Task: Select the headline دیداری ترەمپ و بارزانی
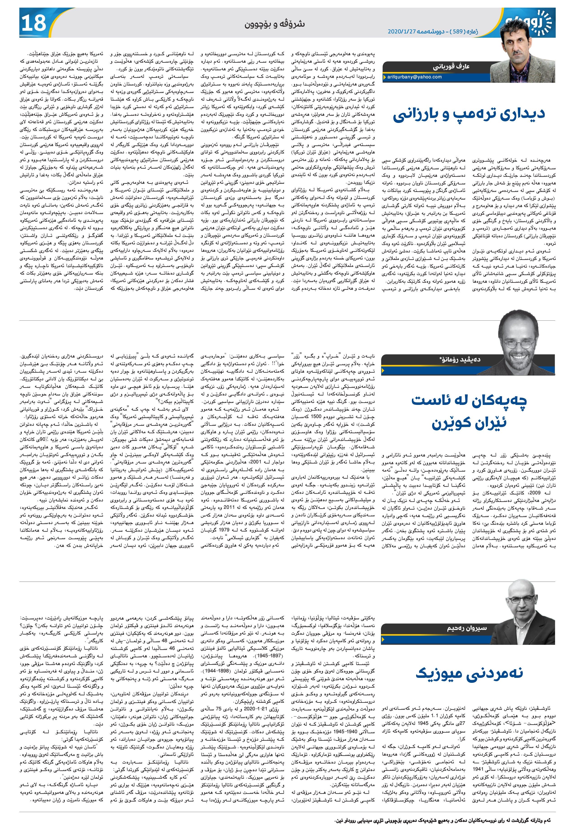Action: tap(469, 114)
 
